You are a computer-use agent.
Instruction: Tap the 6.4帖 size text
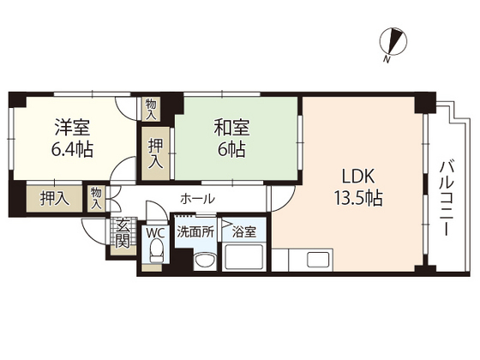pyautogui.click(x=72, y=149)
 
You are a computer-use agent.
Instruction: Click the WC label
pyautogui.click(x=155, y=231)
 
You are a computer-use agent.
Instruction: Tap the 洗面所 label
pyautogui.click(x=194, y=231)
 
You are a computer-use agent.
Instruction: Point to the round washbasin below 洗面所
pyautogui.click(x=204, y=259)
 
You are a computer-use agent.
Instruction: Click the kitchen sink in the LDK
pyautogui.click(x=313, y=259)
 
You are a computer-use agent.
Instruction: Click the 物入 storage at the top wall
pyautogui.click(x=151, y=107)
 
